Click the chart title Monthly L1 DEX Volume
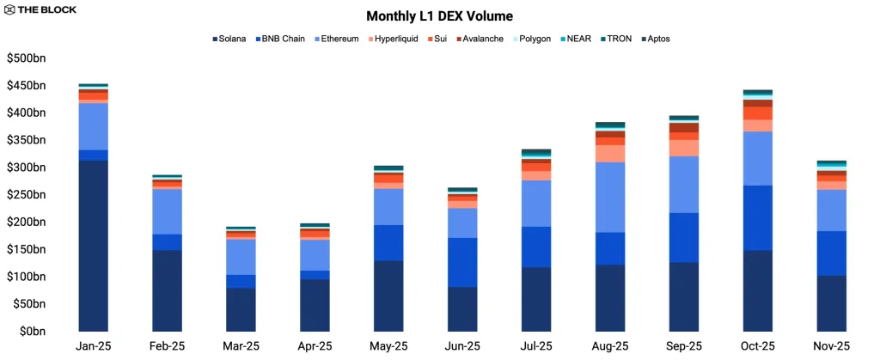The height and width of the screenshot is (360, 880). (x=439, y=15)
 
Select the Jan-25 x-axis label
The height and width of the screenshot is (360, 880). (x=93, y=347)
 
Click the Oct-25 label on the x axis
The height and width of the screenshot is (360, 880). (x=757, y=347)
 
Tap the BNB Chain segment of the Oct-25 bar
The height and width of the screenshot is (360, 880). (x=757, y=217)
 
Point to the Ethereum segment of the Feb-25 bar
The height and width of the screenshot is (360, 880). (x=167, y=211)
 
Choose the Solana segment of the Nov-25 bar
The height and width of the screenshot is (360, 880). (x=831, y=302)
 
